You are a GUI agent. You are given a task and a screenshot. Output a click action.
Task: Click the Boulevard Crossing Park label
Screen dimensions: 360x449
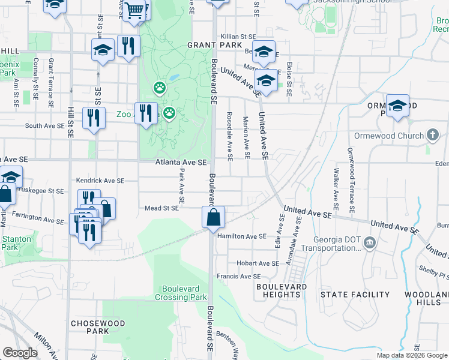[x=181, y=292]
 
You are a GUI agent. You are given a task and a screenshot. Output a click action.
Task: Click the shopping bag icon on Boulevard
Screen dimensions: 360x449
[x=214, y=217]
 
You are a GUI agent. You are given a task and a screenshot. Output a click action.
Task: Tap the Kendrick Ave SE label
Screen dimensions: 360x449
[x=100, y=180]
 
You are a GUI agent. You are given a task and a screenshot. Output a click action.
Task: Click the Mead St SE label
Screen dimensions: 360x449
[x=161, y=208]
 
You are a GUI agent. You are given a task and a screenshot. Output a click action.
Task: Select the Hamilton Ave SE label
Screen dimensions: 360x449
[x=242, y=236]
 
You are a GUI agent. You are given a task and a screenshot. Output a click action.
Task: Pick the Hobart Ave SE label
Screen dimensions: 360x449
[x=258, y=263]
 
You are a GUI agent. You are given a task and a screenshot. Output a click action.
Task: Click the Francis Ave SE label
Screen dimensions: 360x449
[x=239, y=277]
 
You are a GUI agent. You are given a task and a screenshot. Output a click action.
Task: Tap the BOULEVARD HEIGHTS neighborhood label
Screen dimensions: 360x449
[x=282, y=291]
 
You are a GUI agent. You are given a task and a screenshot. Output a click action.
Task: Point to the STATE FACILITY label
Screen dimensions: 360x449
[x=355, y=295]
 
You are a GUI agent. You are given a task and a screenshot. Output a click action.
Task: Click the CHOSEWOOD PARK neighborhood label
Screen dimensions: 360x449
[x=98, y=327]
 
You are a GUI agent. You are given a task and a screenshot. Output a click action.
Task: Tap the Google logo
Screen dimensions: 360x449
[x=20, y=353]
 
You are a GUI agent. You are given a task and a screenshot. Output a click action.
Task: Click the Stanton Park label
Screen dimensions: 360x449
[x=13, y=242]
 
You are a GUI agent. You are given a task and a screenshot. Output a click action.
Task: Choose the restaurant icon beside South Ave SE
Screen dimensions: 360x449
[x=92, y=118]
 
